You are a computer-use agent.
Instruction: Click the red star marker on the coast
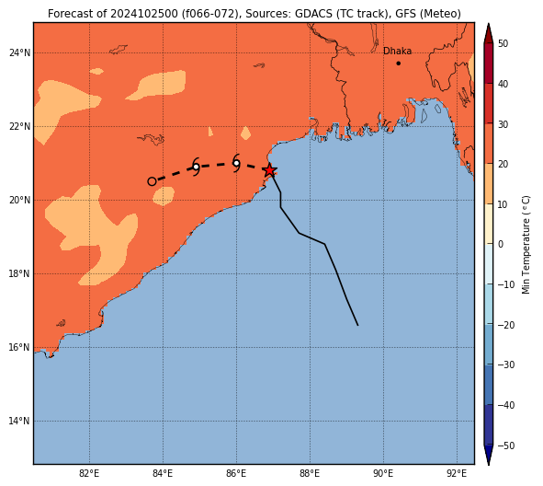coord(269,170)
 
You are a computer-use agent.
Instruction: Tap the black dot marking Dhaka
coord(398,64)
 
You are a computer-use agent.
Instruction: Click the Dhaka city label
coord(397,51)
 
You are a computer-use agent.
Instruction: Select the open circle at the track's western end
coord(152,181)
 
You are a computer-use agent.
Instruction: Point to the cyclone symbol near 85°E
coord(196,167)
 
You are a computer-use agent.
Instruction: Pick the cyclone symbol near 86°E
coord(236,163)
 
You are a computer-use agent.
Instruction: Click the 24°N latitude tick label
coord(19,53)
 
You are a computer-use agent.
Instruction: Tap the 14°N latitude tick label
coord(19,422)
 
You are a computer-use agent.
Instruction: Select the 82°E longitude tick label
coord(89,473)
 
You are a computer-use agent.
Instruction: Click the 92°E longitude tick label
coord(457,473)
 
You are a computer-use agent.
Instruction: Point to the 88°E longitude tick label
coord(310,473)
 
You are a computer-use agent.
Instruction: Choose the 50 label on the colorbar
coord(503,43)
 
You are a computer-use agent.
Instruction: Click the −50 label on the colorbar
coord(506,445)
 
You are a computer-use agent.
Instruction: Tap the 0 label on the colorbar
coord(501,244)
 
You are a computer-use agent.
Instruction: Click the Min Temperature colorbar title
coord(526,245)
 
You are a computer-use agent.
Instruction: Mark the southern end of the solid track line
coord(357,325)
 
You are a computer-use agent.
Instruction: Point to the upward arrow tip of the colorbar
coord(488,24)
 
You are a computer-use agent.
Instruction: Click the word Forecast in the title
coord(69,14)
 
